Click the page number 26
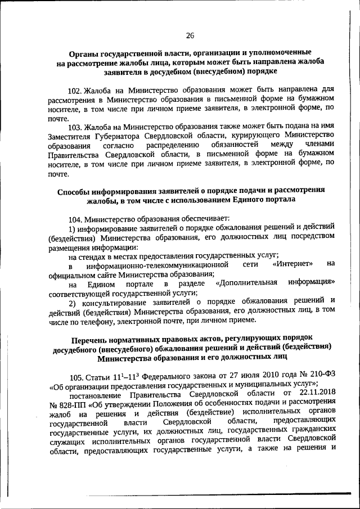click(190, 35)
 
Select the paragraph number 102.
click(75, 89)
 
